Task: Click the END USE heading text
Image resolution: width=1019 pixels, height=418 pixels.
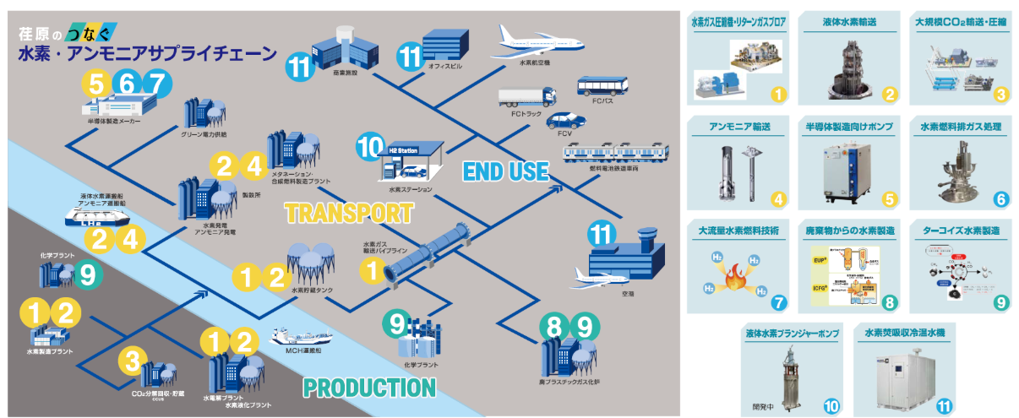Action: pyautogui.click(x=505, y=171)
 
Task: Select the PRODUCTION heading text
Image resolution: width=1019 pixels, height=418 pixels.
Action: pyautogui.click(x=369, y=388)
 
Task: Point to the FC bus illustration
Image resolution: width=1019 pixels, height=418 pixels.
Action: pyautogui.click(x=603, y=87)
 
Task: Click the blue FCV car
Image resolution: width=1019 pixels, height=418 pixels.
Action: pyautogui.click(x=564, y=118)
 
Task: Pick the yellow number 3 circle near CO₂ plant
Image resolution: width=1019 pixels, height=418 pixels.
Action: pyautogui.click(x=131, y=361)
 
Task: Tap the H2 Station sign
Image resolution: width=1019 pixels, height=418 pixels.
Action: pyautogui.click(x=403, y=149)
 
